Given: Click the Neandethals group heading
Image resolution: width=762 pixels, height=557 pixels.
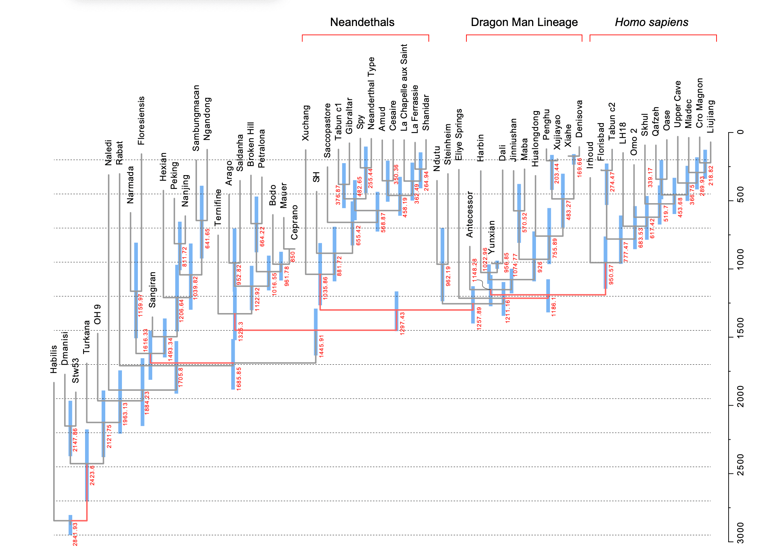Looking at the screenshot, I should click(362, 22).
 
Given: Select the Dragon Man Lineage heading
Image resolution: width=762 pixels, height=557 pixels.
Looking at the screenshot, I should click(524, 22).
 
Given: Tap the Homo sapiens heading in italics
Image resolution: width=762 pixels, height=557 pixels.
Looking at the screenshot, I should click(651, 22).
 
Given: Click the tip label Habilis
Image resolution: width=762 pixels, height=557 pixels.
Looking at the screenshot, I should click(54, 359).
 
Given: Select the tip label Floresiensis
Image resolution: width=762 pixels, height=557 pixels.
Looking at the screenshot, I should click(141, 121).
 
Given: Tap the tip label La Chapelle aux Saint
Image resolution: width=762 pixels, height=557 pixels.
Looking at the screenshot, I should click(404, 87).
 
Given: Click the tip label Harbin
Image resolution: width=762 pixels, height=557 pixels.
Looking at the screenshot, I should click(480, 148).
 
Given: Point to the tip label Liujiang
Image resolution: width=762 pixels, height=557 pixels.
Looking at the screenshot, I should click(711, 117).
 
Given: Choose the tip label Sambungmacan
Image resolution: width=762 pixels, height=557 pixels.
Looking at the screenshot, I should click(196, 118).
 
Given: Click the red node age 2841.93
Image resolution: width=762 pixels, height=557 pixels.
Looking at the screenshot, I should click(75, 534).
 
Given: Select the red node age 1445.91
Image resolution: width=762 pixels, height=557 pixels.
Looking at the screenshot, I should click(322, 346).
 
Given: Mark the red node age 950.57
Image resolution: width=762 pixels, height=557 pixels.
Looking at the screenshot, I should click(611, 275).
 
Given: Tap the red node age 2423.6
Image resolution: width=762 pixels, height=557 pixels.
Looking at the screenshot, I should click(92, 475).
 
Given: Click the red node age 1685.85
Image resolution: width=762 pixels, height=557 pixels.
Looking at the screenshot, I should click(239, 379).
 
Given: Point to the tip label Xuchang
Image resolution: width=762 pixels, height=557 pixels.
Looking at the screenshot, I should click(306, 123).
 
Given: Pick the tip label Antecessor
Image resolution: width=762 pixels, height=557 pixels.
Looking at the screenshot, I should click(470, 214).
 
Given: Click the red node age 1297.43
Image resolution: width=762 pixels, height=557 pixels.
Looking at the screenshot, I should click(402, 323).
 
